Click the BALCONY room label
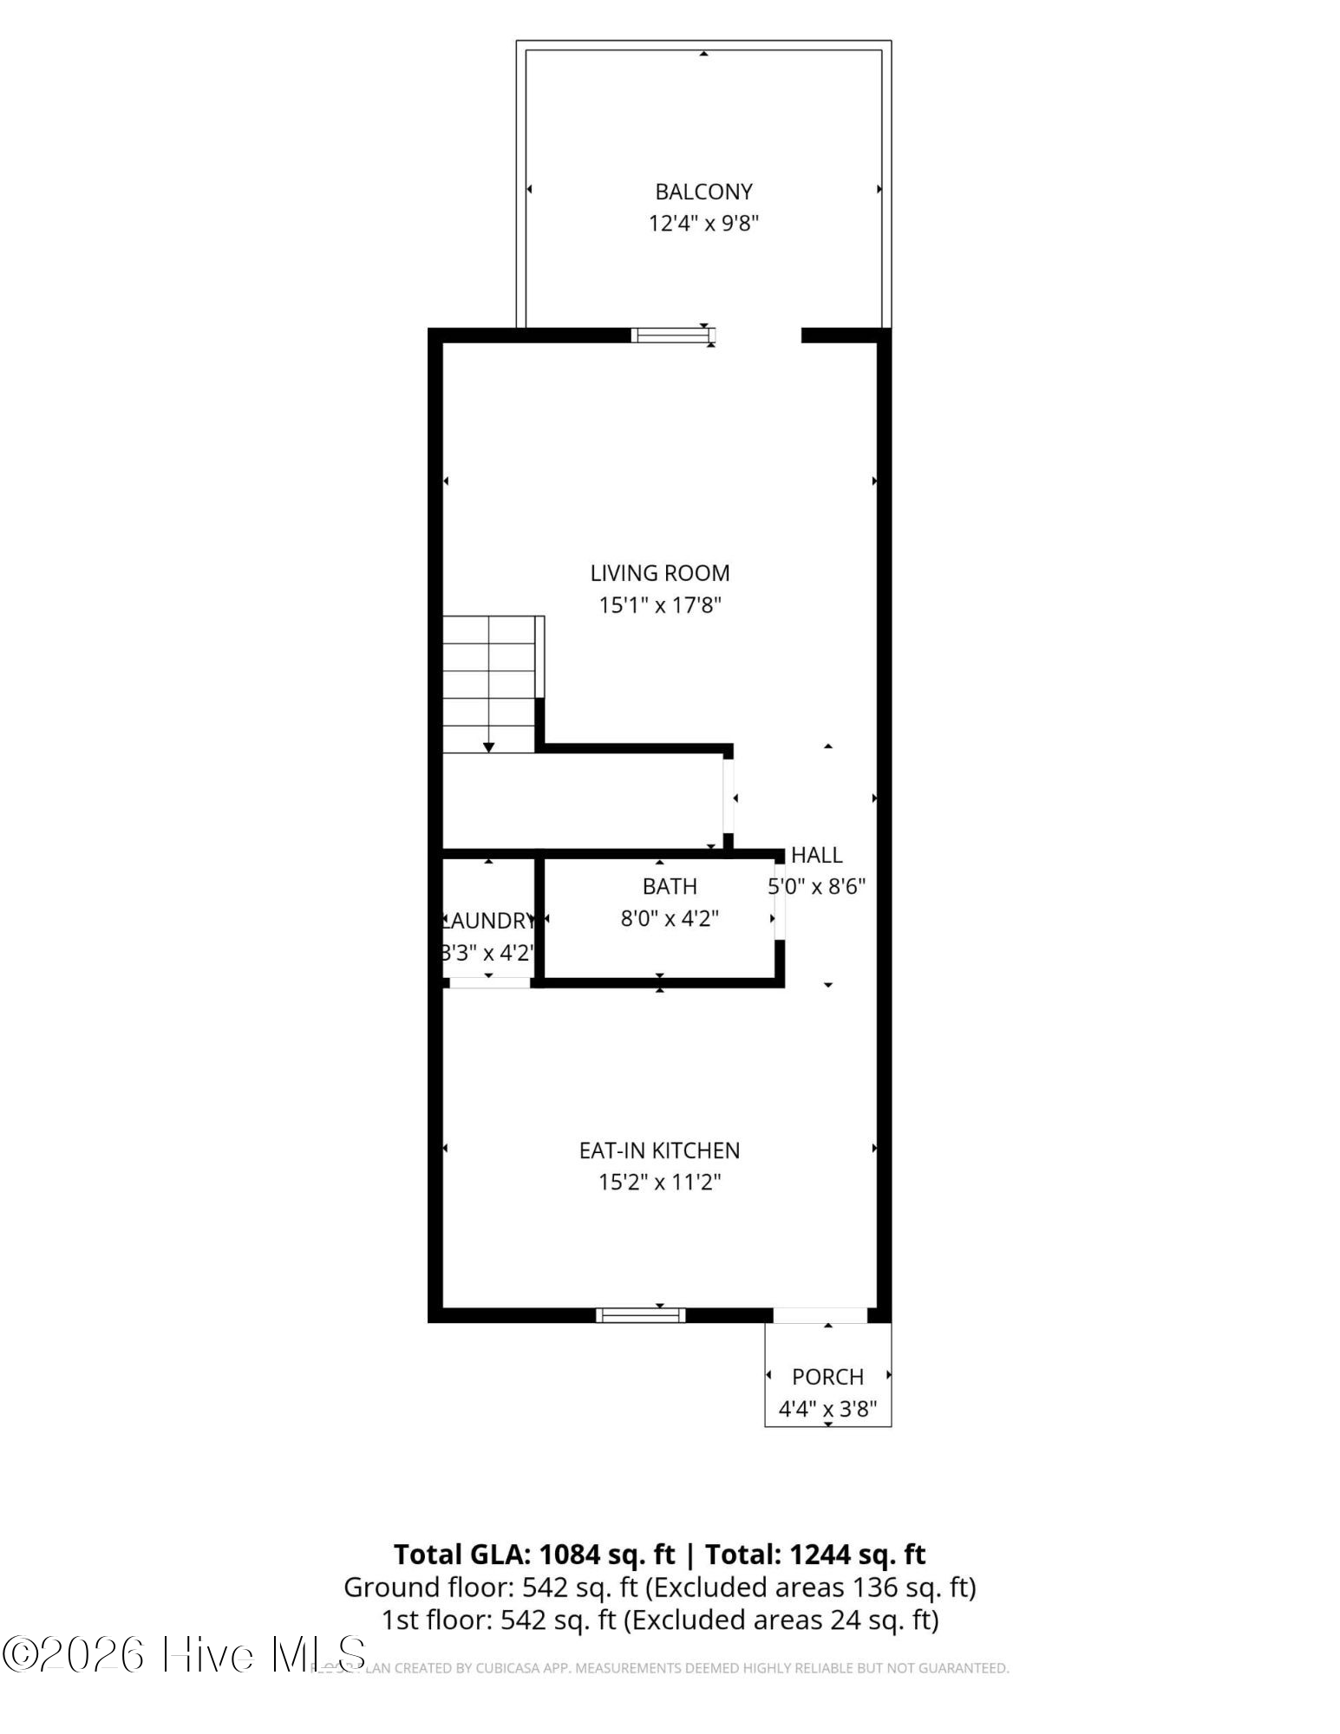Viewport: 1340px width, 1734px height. point(703,192)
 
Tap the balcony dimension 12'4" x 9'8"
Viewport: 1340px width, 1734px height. point(703,224)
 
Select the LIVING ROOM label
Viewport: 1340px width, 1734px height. point(660,573)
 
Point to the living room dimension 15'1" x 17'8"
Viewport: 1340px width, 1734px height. point(660,605)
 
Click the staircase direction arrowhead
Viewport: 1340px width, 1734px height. point(488,747)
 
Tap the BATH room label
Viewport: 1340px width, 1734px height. point(670,886)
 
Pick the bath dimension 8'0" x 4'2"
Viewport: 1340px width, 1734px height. point(670,918)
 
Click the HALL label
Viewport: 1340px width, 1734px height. point(816,856)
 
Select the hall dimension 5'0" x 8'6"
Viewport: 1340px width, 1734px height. point(817,887)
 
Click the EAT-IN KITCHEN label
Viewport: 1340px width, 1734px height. point(659,1151)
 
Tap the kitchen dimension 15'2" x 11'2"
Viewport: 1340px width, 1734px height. point(659,1183)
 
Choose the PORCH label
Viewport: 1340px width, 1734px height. point(827,1377)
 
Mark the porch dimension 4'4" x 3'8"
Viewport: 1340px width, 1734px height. point(827,1409)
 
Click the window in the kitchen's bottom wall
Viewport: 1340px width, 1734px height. point(640,1315)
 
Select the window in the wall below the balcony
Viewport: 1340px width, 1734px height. point(672,335)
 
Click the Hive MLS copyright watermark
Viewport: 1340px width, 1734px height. point(184,1654)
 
